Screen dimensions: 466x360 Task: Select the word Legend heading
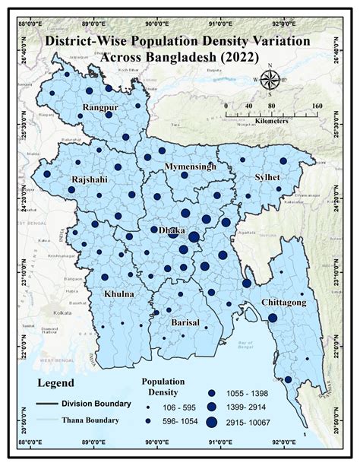(x=60, y=384)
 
